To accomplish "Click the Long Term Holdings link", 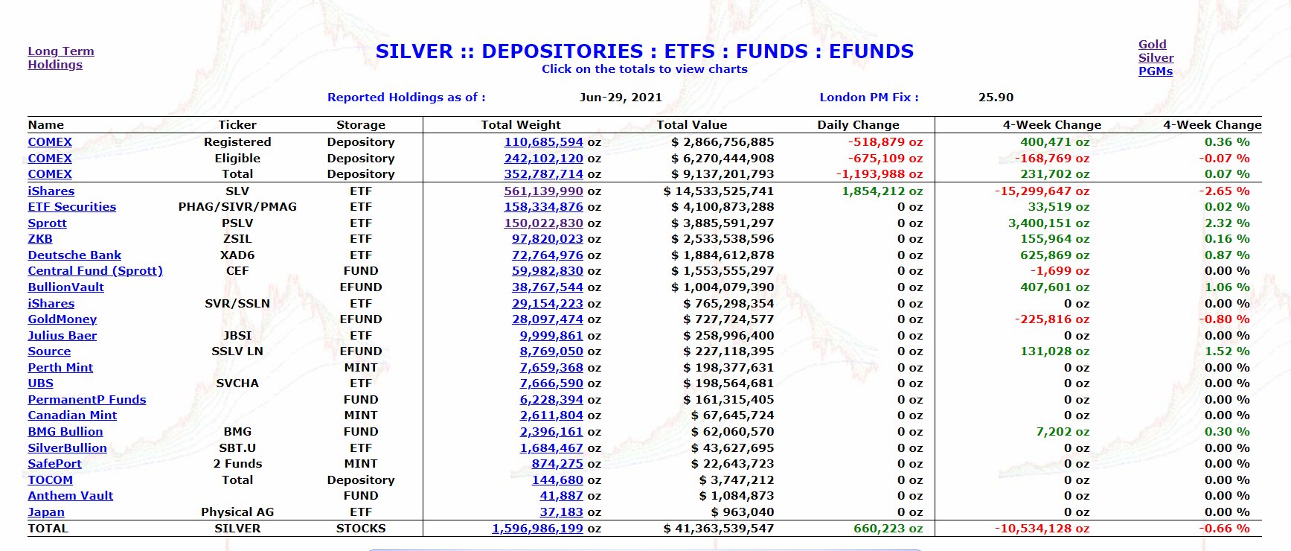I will pyautogui.click(x=60, y=57).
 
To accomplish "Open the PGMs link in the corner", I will pyautogui.click(x=1155, y=71).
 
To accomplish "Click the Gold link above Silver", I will pyautogui.click(x=1152, y=45).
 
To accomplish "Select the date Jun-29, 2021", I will pyautogui.click(x=621, y=98).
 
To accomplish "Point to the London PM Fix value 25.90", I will pyautogui.click(x=996, y=98).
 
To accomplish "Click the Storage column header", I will pyautogui.click(x=360, y=125).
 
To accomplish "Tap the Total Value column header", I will pyautogui.click(x=691, y=125).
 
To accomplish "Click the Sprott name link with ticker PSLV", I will pyautogui.click(x=47, y=223).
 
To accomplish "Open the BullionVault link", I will pyautogui.click(x=65, y=287).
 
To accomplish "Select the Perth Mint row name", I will pyautogui.click(x=60, y=368).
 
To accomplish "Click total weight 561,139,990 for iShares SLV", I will pyautogui.click(x=543, y=191).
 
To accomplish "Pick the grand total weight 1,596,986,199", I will pyautogui.click(x=537, y=529).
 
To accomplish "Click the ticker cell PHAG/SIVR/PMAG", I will pyautogui.click(x=237, y=207).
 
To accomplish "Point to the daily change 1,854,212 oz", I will pyautogui.click(x=882, y=191).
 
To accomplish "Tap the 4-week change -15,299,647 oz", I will pyautogui.click(x=1042, y=191).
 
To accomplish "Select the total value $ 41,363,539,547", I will pyautogui.click(x=718, y=529).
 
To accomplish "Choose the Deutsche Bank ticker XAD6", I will pyautogui.click(x=237, y=255).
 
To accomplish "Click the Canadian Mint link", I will pyautogui.click(x=72, y=415).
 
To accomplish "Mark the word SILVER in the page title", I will pyautogui.click(x=414, y=51).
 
